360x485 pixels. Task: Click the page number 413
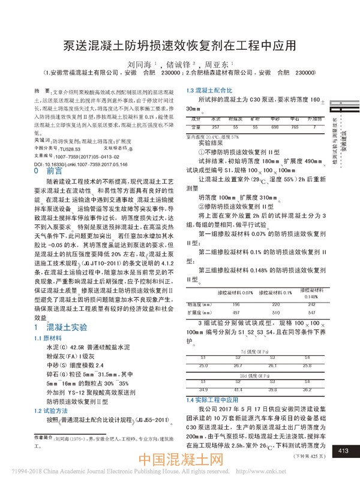point(344,451)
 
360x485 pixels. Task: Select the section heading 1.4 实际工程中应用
point(212,399)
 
